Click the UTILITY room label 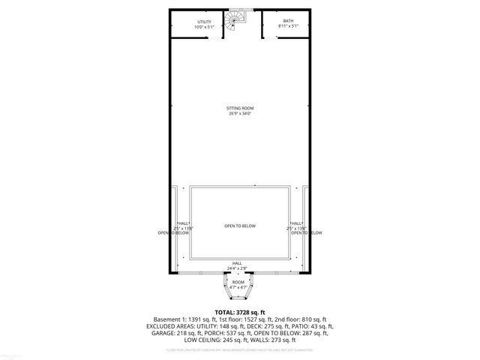point(204,22)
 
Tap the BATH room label point(288,22)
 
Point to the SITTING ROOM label point(240,108)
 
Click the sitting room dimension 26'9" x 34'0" point(240,114)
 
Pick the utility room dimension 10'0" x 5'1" point(204,27)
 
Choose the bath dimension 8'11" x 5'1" point(288,27)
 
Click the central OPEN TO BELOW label point(240,226)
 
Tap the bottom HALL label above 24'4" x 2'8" point(237,263)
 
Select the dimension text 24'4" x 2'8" point(237,268)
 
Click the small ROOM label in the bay point(238,282)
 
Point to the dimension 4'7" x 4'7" point(238,287)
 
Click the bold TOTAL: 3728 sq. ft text point(240,312)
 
